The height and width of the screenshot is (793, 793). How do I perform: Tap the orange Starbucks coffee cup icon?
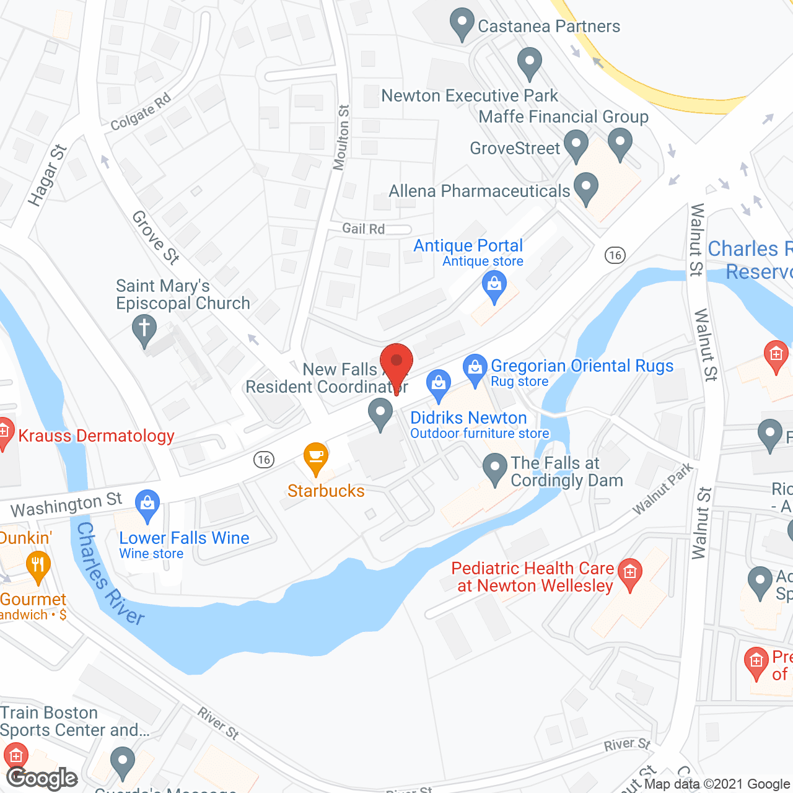pyautogui.click(x=316, y=457)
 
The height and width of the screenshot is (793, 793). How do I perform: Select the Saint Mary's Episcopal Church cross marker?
pyautogui.click(x=144, y=329)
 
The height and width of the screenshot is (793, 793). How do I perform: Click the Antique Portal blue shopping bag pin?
pyautogui.click(x=494, y=287)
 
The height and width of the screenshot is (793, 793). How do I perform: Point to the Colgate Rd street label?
pyautogui.click(x=141, y=112)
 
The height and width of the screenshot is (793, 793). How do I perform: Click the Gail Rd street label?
pyautogui.click(x=364, y=229)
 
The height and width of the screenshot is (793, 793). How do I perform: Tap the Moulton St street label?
pyautogui.click(x=341, y=137)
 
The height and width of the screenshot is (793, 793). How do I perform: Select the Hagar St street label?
pyautogui.click(x=47, y=175)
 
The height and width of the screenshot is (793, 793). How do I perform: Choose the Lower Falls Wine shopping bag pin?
pyautogui.click(x=147, y=504)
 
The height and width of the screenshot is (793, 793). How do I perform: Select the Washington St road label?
pyautogui.click(x=66, y=505)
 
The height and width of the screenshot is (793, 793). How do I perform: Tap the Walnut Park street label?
pyautogui.click(x=662, y=489)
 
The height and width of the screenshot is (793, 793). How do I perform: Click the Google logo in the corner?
pyautogui.click(x=42, y=778)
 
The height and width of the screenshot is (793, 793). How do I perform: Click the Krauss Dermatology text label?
pyautogui.click(x=96, y=436)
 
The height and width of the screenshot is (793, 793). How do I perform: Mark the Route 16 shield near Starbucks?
pyautogui.click(x=264, y=459)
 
